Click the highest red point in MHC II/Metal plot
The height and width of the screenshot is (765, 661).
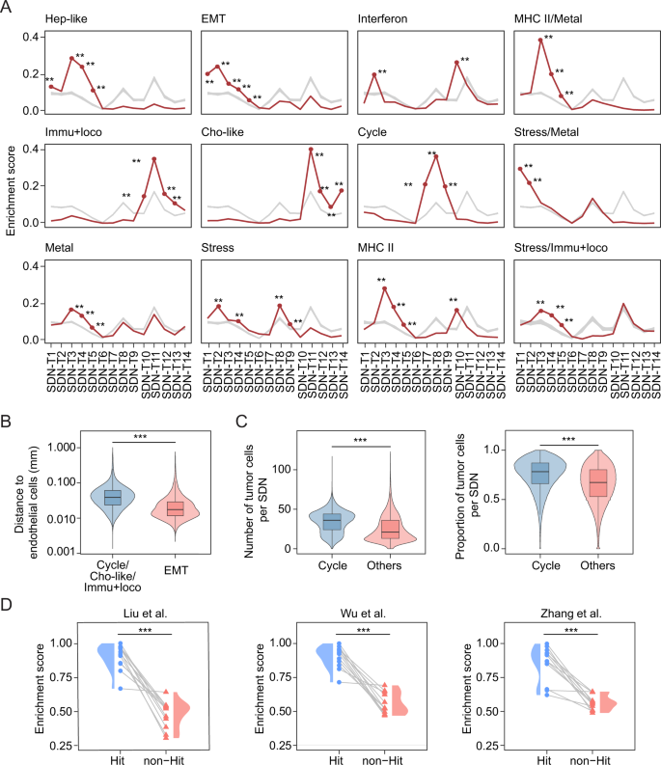(540, 40)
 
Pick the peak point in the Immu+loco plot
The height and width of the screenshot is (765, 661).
(154, 158)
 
